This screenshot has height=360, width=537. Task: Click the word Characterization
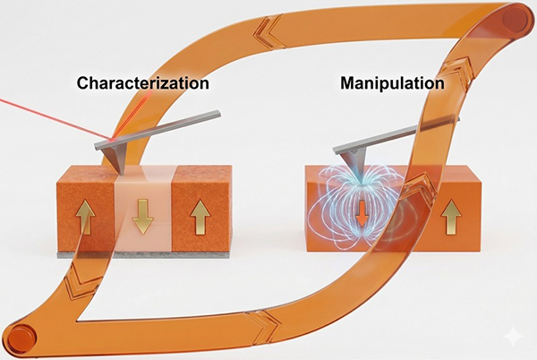[143, 84]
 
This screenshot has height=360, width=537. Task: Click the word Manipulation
[392, 84]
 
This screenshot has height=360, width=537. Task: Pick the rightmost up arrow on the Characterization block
[200, 216]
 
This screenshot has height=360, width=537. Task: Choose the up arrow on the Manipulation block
[453, 216]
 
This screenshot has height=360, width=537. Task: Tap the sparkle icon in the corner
[514, 338]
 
